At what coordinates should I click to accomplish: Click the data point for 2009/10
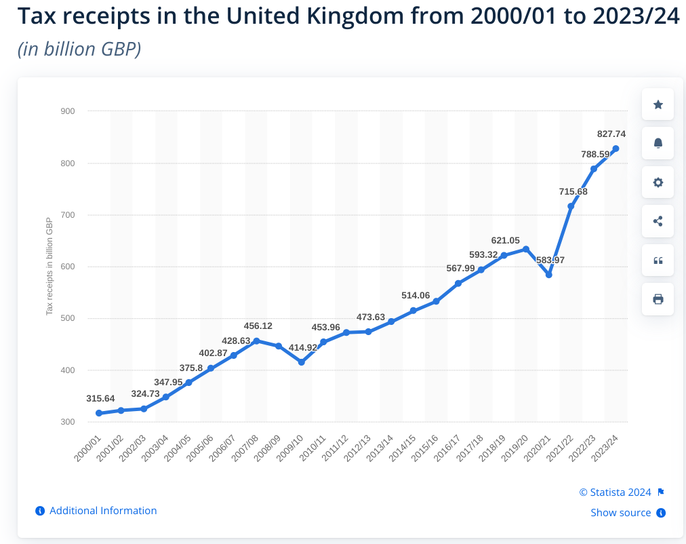point(302,362)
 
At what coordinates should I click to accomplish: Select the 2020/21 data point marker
point(549,275)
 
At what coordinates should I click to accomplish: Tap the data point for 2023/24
point(616,149)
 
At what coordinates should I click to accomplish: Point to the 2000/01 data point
point(99,413)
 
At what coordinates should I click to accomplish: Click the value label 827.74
point(611,134)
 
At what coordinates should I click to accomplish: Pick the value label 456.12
point(258,326)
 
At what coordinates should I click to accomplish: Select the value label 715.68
point(573,192)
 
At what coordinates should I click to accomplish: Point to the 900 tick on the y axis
point(68,111)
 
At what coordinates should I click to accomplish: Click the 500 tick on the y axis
point(68,318)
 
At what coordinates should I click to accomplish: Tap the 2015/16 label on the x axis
point(425,448)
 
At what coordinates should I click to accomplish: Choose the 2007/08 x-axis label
point(245,448)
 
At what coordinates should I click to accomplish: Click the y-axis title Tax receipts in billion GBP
point(49,266)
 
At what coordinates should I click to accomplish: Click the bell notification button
point(658,143)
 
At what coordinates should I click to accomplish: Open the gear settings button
point(658,182)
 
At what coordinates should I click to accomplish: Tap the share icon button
point(658,221)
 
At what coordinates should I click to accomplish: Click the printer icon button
point(658,299)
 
